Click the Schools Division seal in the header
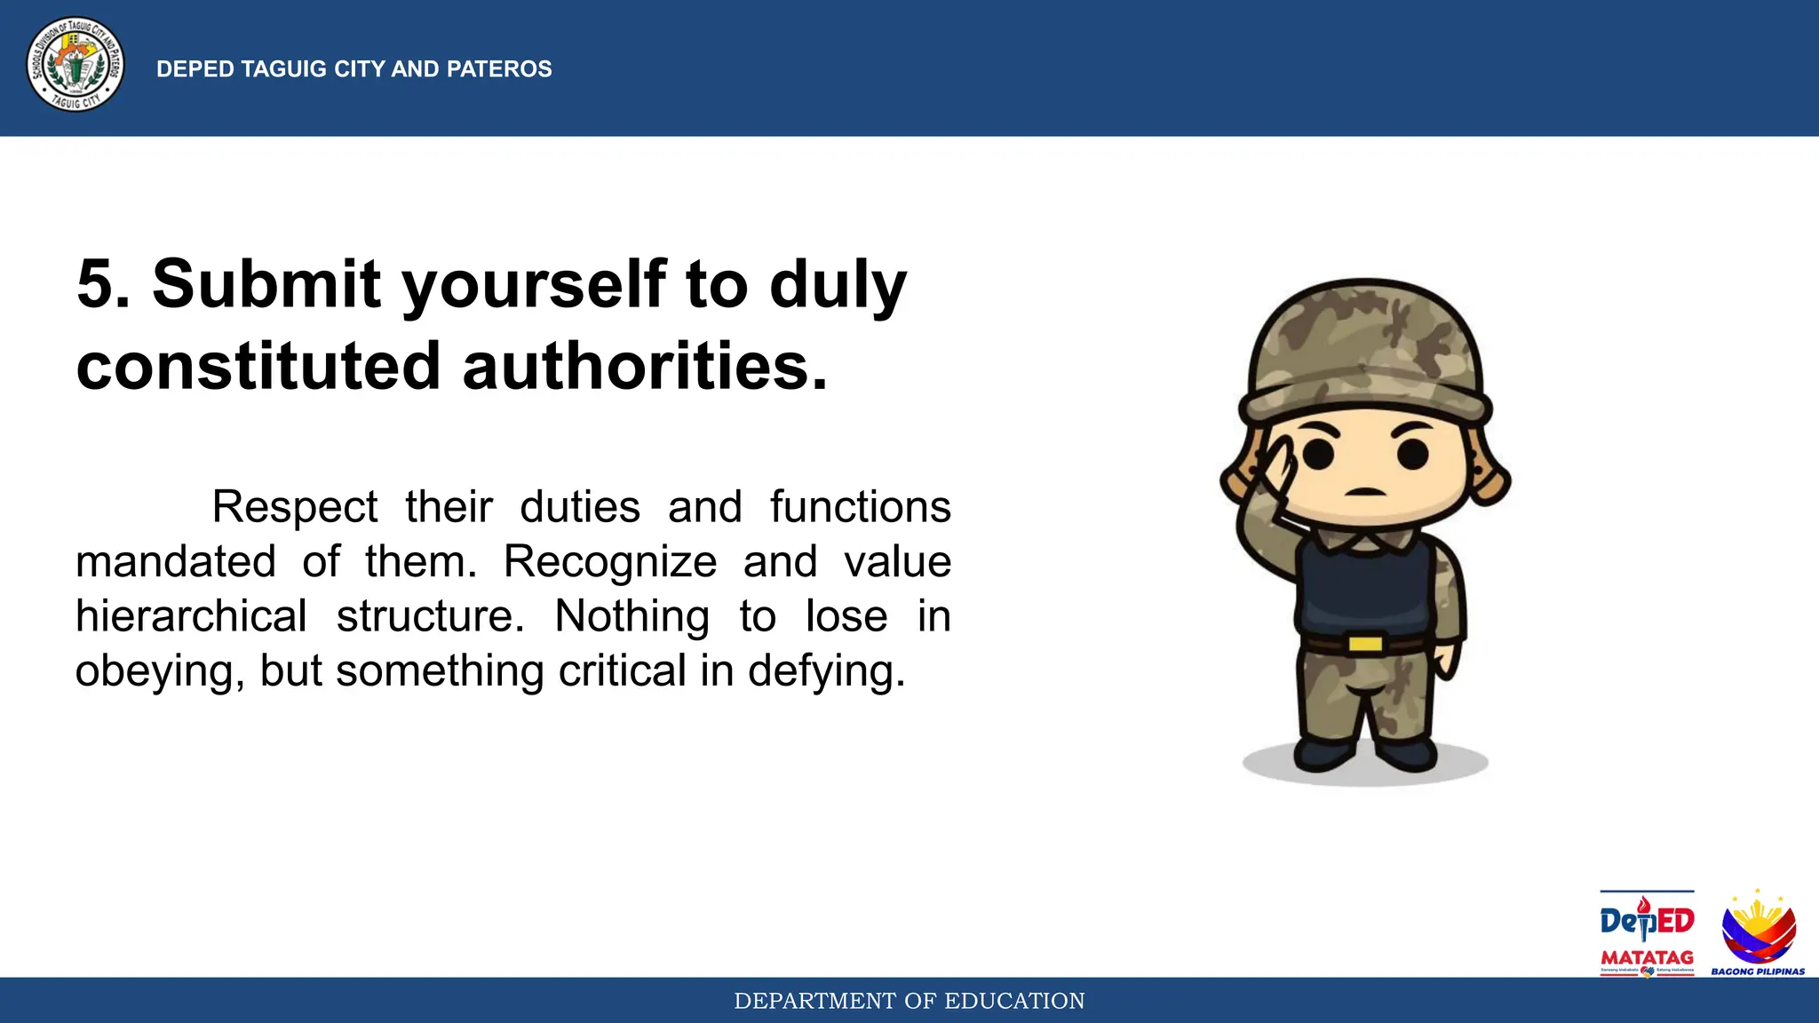75,66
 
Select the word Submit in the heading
266,284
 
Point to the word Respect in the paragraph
294,508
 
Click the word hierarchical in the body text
191,616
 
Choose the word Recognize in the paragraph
610,562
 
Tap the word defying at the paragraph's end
825,671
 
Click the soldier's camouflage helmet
1365,351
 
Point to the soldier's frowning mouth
1365,492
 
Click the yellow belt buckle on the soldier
1365,643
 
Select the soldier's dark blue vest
1363,586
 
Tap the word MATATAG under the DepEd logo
1647,958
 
